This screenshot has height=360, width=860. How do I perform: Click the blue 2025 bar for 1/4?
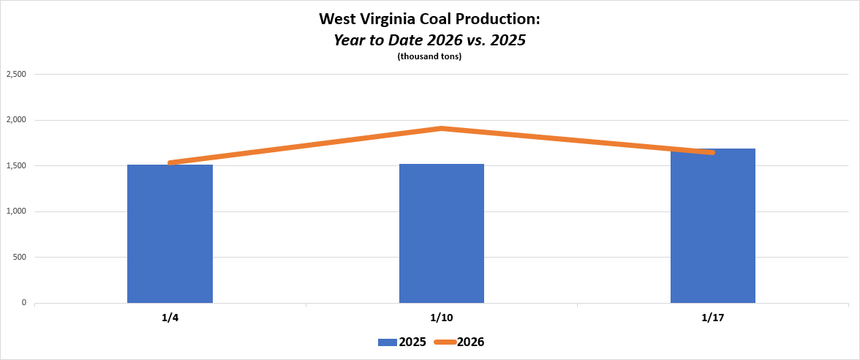(x=170, y=233)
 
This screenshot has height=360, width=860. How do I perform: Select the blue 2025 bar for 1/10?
(x=442, y=233)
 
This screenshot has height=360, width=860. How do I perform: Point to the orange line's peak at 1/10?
(x=442, y=129)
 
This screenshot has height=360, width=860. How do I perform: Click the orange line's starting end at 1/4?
(x=170, y=162)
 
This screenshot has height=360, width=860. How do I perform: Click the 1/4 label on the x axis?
(x=170, y=318)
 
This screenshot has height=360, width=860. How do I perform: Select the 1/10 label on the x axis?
(x=442, y=318)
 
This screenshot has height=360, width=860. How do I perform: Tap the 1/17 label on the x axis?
(x=713, y=318)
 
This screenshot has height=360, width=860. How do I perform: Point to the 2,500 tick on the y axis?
(x=16, y=74)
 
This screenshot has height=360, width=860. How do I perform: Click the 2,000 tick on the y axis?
(x=16, y=120)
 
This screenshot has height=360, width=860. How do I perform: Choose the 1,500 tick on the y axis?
(x=16, y=165)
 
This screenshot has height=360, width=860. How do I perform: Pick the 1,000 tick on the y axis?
(x=16, y=211)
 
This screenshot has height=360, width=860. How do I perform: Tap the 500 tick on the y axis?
(x=20, y=257)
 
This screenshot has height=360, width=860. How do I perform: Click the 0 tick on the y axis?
(x=24, y=303)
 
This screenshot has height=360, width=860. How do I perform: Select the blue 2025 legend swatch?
(x=387, y=342)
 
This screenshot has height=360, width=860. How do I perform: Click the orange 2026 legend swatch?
(x=445, y=342)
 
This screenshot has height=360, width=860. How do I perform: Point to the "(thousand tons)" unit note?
(x=429, y=57)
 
